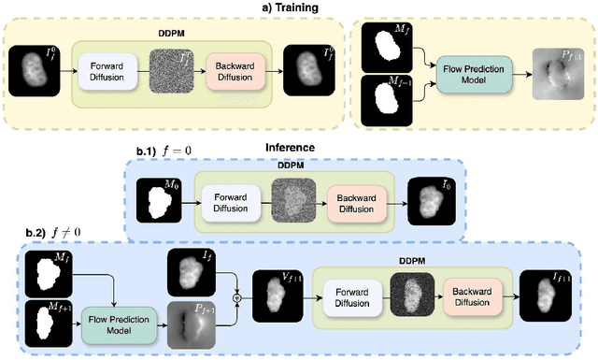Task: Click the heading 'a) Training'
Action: point(293,7)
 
